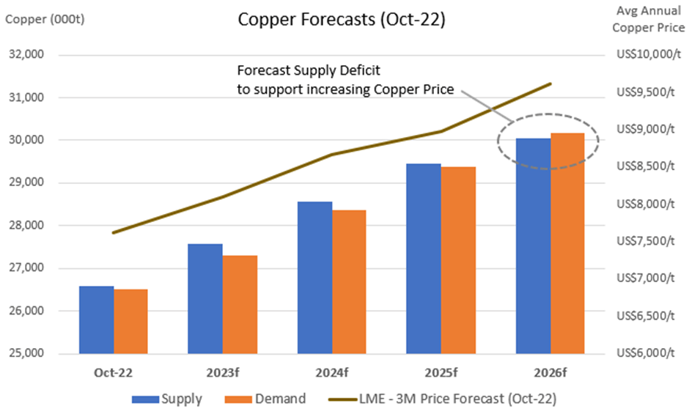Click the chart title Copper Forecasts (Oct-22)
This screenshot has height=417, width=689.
point(341,21)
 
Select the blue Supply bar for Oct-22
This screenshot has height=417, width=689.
point(96,320)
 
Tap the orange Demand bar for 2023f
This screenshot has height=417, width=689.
point(240,304)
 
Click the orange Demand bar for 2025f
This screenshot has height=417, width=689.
point(458,260)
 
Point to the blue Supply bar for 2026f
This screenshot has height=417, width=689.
point(533,246)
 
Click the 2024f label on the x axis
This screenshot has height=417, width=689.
point(331,372)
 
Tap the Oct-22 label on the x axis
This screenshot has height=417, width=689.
point(114,372)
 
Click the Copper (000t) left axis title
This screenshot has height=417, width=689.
point(45,20)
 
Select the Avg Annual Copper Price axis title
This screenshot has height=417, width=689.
point(641,21)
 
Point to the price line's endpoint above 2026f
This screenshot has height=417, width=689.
point(550,84)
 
